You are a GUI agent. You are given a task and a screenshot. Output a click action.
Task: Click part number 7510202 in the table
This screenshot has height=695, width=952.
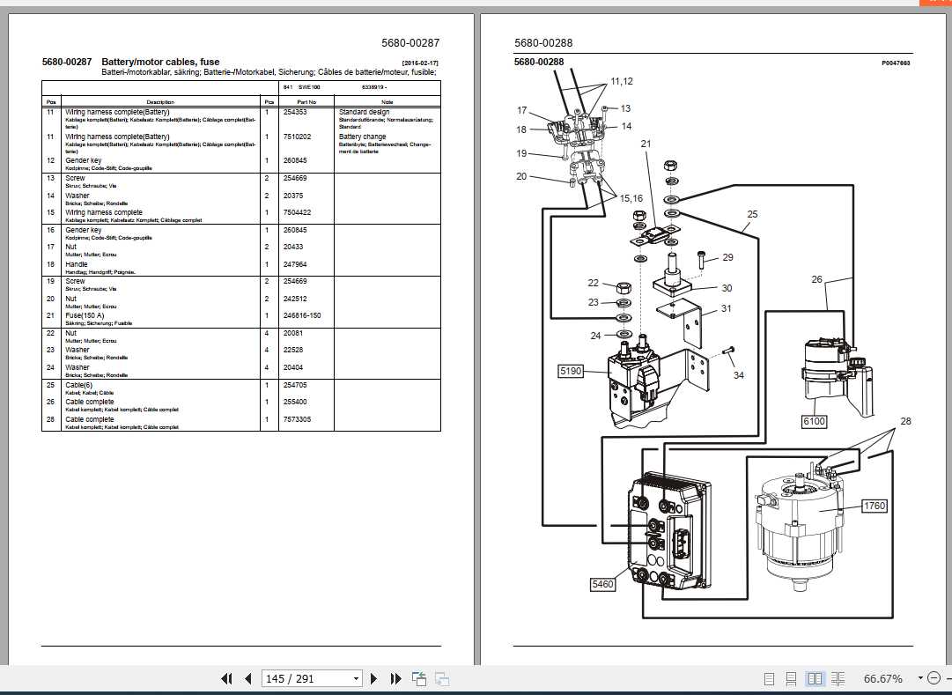(299, 137)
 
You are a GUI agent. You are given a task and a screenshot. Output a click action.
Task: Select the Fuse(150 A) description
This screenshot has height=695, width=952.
(85, 315)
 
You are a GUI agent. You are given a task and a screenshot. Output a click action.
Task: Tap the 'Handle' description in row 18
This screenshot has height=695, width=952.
(77, 264)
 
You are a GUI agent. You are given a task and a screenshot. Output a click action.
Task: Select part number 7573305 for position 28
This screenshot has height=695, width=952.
(299, 419)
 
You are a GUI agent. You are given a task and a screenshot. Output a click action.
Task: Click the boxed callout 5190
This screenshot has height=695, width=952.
(572, 372)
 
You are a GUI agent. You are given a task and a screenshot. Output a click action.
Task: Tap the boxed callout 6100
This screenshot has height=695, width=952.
(814, 422)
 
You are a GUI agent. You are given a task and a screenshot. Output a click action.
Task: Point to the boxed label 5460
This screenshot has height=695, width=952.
(603, 583)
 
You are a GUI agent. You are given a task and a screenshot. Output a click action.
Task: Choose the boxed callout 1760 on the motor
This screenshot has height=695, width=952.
(875, 506)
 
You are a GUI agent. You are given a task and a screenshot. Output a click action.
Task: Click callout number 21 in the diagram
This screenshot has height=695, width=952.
(645, 143)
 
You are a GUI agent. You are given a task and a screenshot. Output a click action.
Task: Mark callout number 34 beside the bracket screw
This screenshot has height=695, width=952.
(738, 375)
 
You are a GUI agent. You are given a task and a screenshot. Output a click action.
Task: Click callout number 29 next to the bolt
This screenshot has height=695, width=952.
(727, 257)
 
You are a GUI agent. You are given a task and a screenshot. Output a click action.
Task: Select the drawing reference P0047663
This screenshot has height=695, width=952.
(895, 63)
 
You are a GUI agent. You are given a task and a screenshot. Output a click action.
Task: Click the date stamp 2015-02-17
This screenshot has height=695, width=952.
(419, 63)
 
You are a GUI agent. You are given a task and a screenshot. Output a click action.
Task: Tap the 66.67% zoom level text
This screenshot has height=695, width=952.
(882, 679)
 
